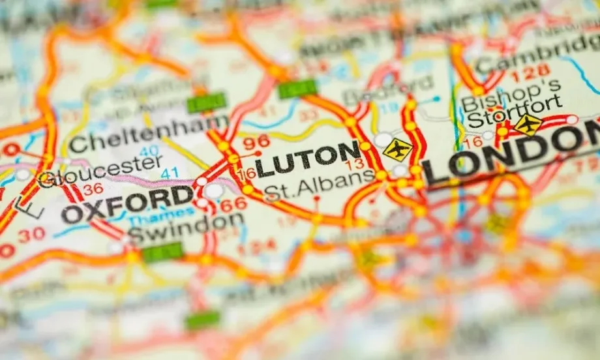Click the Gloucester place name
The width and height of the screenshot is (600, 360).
coord(99,171)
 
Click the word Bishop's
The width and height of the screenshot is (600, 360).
coord(511,89)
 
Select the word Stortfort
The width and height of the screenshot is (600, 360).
coord(515,106)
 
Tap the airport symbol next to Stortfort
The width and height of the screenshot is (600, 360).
coord(528,123)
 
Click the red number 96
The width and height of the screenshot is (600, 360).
coord(255,141)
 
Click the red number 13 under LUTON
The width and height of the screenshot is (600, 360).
coord(356,164)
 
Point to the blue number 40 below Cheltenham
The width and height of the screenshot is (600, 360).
coord(149,151)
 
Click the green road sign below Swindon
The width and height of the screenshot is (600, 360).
coord(162,252)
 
